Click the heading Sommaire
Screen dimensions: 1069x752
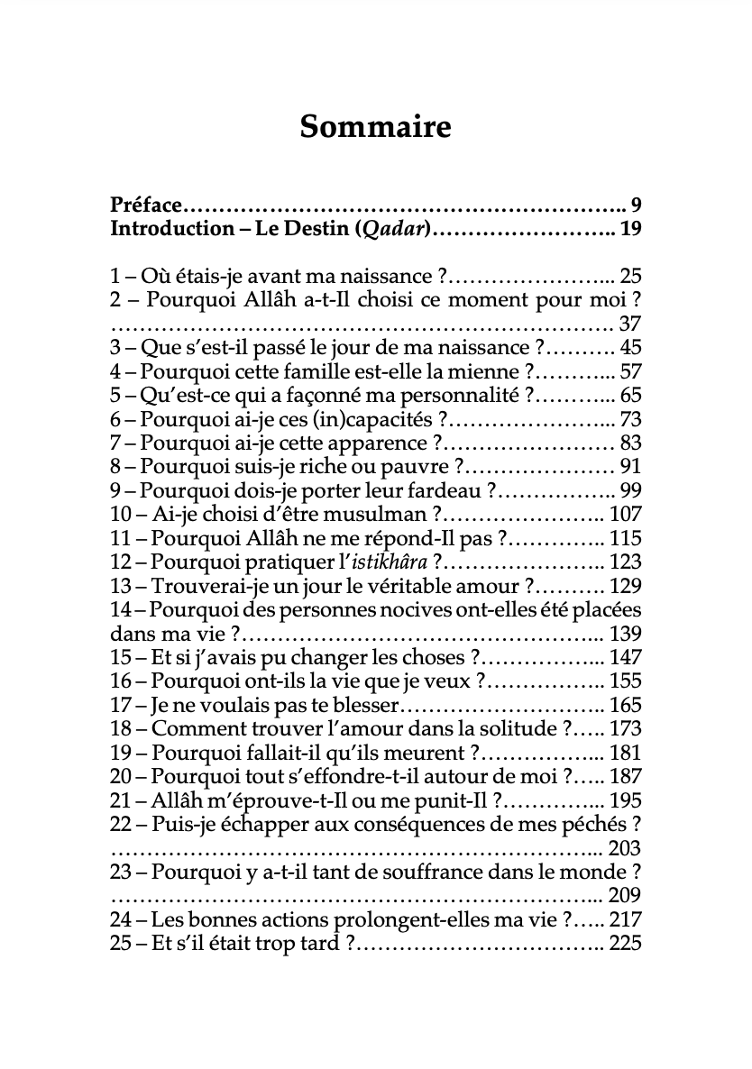(375, 127)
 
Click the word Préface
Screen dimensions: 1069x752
(145, 204)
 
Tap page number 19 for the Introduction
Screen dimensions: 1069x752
(630, 228)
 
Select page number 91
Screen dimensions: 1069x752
(630, 467)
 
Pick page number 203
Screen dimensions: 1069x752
(625, 848)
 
